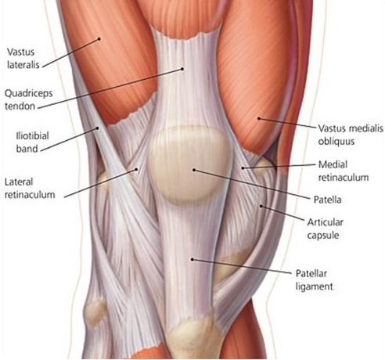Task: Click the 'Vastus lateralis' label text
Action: pyautogui.click(x=23, y=58)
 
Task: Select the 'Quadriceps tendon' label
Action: pyautogui.click(x=29, y=99)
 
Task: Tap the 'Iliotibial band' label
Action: pyautogui.click(x=32, y=142)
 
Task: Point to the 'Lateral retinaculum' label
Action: pyautogui.click(x=30, y=188)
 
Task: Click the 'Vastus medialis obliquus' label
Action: pyautogui.click(x=351, y=135)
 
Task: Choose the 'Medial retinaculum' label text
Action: pyautogui.click(x=344, y=171)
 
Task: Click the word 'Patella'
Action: pyautogui.click(x=327, y=200)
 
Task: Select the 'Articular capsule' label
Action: pyautogui.click(x=325, y=229)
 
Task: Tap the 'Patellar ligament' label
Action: pyautogui.click(x=314, y=280)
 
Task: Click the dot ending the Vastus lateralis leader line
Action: pyautogui.click(x=99, y=39)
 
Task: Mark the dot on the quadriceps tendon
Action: pyautogui.click(x=182, y=69)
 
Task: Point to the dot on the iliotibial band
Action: pyautogui.click(x=98, y=128)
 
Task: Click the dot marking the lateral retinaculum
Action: pyautogui.click(x=136, y=169)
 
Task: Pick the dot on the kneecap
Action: pyautogui.click(x=194, y=170)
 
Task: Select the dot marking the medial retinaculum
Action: pyautogui.click(x=243, y=168)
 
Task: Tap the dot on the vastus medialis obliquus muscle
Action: pyautogui.click(x=259, y=118)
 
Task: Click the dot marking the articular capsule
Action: pyautogui.click(x=261, y=207)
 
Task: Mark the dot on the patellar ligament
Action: pyautogui.click(x=192, y=259)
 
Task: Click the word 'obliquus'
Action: pyautogui.click(x=336, y=141)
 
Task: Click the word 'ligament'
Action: pyautogui.click(x=314, y=286)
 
